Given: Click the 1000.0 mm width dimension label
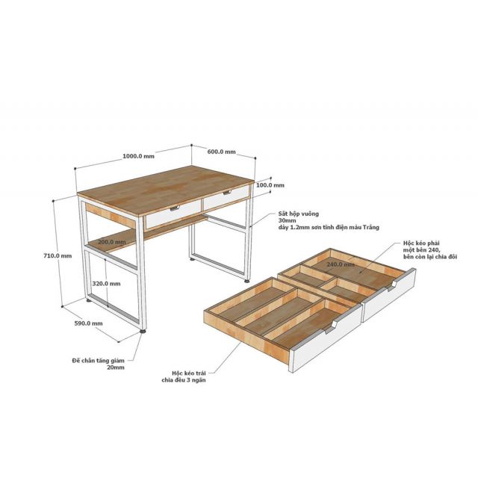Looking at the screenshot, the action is click(138, 156).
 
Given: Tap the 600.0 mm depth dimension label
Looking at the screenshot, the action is click(222, 152).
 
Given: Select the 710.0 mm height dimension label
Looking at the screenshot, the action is click(58, 255).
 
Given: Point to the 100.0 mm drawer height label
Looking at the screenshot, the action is click(270, 185).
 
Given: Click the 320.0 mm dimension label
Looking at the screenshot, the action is click(106, 284).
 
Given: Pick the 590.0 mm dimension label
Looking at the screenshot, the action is click(89, 323).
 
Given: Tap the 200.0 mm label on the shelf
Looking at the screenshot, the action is click(112, 242).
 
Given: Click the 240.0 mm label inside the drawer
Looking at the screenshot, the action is click(341, 264).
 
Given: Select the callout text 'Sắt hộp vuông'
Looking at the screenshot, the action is click(299, 214).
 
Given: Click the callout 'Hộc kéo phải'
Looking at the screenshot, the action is click(421, 243).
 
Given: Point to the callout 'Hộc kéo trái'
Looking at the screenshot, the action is click(189, 373).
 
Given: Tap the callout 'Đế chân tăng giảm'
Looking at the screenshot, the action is click(98, 361).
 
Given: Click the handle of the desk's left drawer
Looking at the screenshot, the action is click(175, 208).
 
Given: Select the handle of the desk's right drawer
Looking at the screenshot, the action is click(227, 192).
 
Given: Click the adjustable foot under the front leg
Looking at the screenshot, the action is click(143, 331).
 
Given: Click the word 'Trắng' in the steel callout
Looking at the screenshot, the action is click(371, 227).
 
